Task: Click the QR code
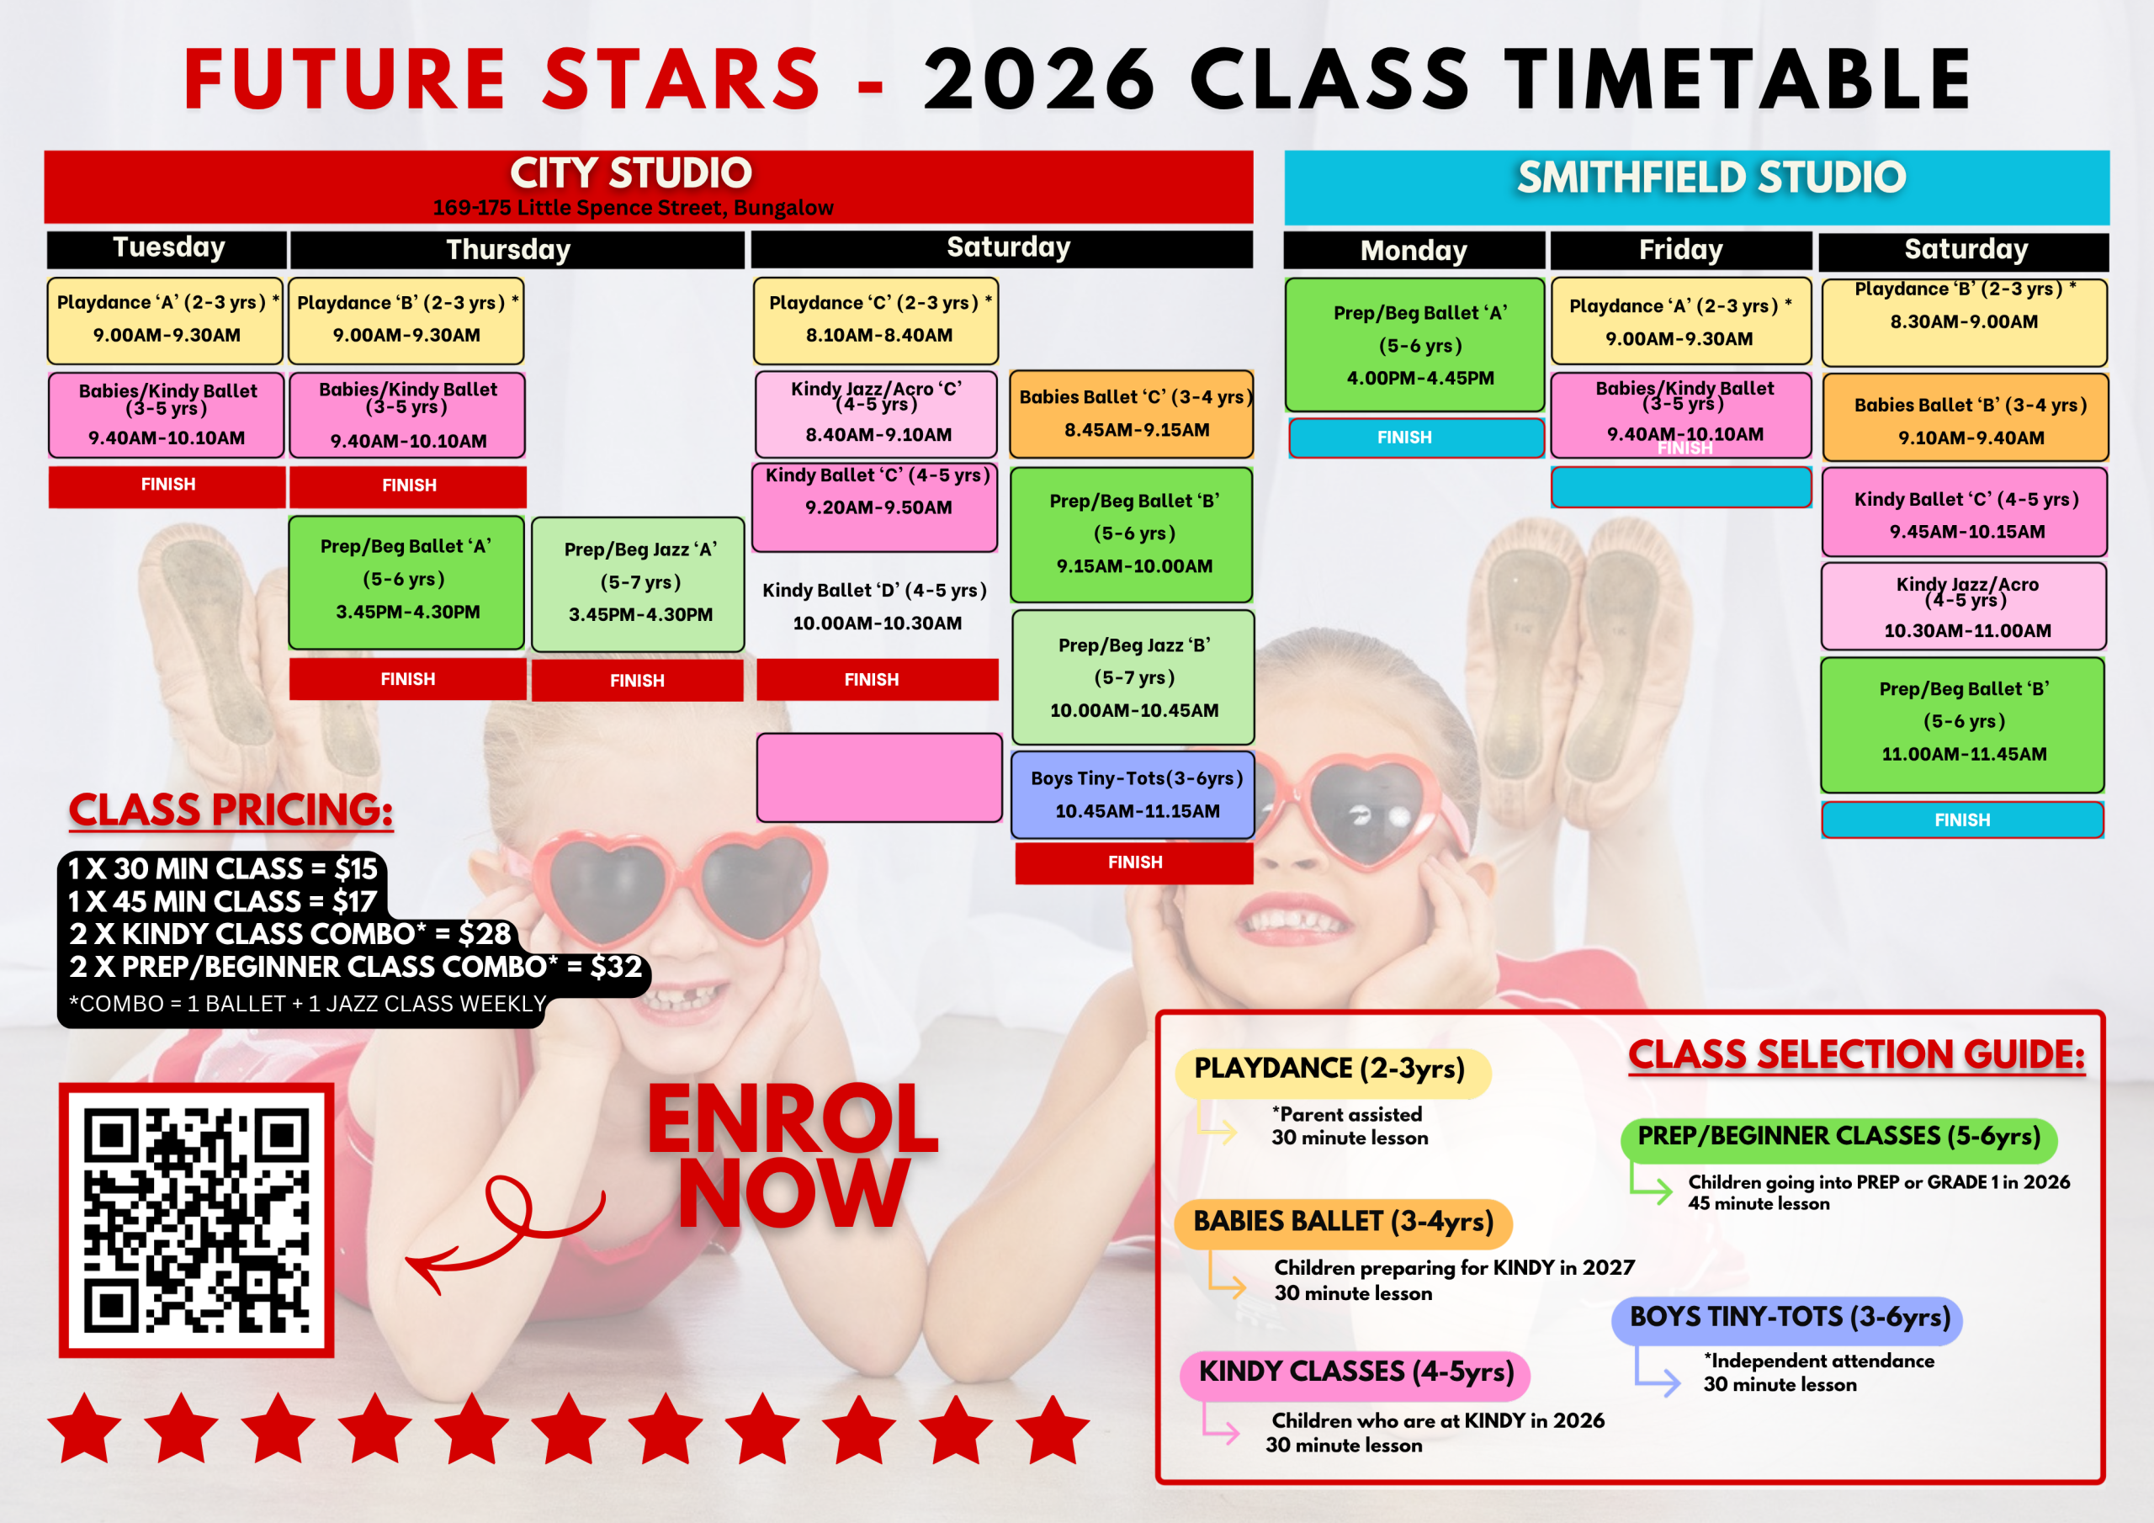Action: point(196,1220)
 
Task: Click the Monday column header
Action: point(1414,251)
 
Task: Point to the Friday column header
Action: point(1680,251)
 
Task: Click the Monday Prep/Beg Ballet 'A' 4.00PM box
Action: point(1414,344)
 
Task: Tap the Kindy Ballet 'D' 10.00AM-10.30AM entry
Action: point(875,606)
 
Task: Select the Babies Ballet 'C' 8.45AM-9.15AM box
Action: point(1132,414)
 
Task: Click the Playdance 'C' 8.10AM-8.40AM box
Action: point(875,320)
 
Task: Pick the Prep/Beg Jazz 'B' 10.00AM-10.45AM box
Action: point(1133,677)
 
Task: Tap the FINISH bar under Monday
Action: point(1417,438)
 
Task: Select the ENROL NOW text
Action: point(793,1156)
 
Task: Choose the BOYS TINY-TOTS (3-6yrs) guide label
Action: point(1787,1318)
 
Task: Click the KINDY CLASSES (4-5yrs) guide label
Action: point(1355,1373)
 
